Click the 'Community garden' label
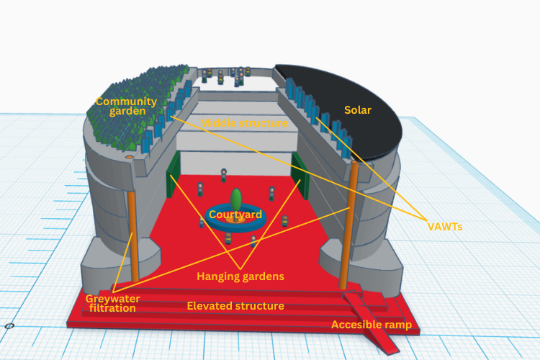[127, 106]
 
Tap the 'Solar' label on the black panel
[358, 110]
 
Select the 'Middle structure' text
[244, 123]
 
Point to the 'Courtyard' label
[235, 215]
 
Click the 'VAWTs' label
[445, 227]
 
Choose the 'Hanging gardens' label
[240, 276]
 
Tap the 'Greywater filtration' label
[112, 304]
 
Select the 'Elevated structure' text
[235, 306]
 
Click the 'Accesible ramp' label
[372, 325]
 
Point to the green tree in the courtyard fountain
[236, 200]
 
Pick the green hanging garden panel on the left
[174, 174]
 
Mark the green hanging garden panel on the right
[300, 176]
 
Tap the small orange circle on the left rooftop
[129, 157]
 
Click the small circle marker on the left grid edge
[9, 326]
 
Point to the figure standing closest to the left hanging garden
[200, 189]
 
